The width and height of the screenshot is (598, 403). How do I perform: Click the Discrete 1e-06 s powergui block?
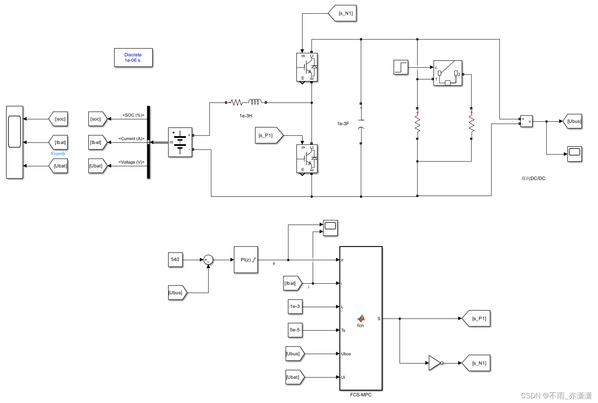133,58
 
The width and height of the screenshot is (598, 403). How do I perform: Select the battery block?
180,142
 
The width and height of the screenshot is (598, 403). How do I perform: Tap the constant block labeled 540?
175,259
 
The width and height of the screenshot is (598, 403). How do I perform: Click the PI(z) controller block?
246,260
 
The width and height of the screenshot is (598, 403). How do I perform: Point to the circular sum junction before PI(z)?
208,260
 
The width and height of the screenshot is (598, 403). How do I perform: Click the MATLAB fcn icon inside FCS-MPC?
360,319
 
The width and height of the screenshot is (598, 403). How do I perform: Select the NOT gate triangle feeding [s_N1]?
435,363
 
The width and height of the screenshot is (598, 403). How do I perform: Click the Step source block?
401,67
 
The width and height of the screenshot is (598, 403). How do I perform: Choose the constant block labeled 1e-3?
295,307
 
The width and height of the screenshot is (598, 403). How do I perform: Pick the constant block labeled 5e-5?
295,330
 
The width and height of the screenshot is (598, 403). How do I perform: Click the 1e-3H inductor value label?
246,116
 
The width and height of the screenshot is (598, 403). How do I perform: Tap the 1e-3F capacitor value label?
343,124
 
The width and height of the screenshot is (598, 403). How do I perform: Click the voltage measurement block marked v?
526,121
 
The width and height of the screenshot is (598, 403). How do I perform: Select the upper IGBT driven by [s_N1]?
307,67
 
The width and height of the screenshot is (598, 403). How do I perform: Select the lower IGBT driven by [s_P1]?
307,159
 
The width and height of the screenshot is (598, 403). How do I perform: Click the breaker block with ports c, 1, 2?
448,73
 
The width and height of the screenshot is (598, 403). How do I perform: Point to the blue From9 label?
58,154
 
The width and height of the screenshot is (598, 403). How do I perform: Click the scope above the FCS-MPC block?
330,228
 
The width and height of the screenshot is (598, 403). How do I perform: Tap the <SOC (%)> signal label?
133,115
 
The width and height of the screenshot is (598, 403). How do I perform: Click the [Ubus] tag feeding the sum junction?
176,293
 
